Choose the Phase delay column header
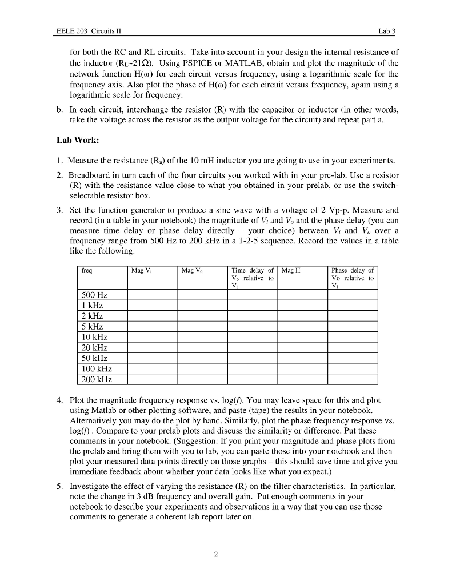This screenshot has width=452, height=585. tap(353, 271)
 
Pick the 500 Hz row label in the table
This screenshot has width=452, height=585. tap(94, 295)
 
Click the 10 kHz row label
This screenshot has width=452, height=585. tap(94, 336)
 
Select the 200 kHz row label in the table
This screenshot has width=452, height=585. tap(96, 379)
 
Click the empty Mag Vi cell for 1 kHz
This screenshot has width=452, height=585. tap(151, 305)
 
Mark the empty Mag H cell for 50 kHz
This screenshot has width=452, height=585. tap(302, 358)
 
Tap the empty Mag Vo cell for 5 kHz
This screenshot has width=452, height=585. tap(202, 326)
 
